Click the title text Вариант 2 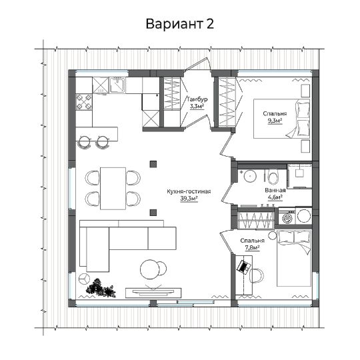click(x=180, y=24)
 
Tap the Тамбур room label click(x=197, y=99)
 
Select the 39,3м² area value click(x=189, y=199)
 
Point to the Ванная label click(x=275, y=190)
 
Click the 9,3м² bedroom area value click(x=275, y=121)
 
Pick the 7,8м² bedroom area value click(x=252, y=248)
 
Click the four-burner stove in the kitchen click(x=84, y=102)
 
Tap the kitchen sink click(x=117, y=85)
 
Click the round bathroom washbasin click(x=250, y=176)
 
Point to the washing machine click(x=287, y=216)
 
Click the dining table click(x=113, y=189)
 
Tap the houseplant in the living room click(x=100, y=288)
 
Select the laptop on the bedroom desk click(x=243, y=267)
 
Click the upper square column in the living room click(x=153, y=164)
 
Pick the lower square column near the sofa click(x=153, y=213)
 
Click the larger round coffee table click(x=150, y=269)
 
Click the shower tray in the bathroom click(x=299, y=176)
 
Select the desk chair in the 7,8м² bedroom click(x=257, y=275)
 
